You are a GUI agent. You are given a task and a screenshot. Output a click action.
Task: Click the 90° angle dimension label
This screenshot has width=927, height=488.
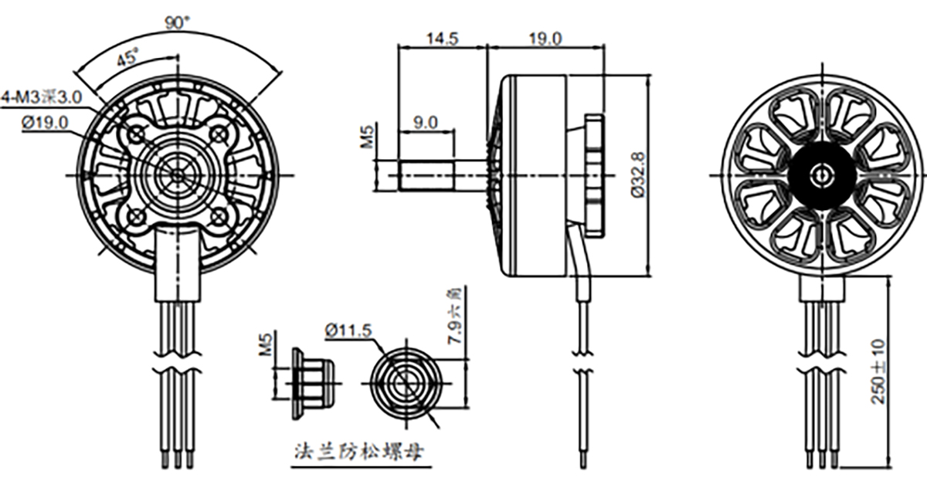point(177,23)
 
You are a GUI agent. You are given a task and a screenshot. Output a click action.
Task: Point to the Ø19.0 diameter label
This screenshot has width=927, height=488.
point(45,122)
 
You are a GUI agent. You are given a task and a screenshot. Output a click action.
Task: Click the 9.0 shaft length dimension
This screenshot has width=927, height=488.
point(425,122)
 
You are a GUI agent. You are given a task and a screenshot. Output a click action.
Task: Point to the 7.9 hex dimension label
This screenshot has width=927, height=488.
point(454,317)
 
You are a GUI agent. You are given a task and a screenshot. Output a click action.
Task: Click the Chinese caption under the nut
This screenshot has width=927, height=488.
point(358,451)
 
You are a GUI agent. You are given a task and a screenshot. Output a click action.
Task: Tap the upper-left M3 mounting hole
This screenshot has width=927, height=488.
point(138,135)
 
